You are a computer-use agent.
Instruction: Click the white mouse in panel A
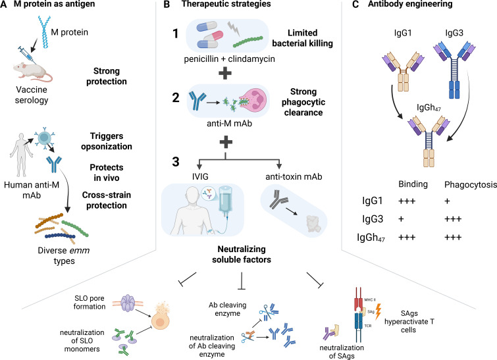click(x=32, y=71)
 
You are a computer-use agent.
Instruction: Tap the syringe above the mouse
click(x=26, y=54)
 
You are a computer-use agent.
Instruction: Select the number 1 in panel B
click(x=175, y=34)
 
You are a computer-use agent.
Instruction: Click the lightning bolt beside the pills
click(x=234, y=28)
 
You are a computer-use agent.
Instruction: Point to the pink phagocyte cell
click(x=253, y=101)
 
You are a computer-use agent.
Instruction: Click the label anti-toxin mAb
click(x=294, y=176)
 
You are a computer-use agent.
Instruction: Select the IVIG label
click(x=200, y=176)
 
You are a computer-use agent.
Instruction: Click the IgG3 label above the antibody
click(x=454, y=33)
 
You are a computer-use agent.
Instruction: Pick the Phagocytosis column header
click(x=471, y=185)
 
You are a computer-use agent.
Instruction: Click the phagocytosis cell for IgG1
click(x=447, y=201)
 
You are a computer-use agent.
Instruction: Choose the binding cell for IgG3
click(x=402, y=219)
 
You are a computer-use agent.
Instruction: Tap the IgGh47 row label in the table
click(x=371, y=238)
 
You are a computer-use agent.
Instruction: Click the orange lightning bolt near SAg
click(x=378, y=311)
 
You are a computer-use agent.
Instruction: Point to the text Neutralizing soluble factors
click(x=242, y=254)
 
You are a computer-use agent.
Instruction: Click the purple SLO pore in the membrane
click(x=128, y=303)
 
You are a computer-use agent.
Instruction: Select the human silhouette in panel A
click(x=21, y=155)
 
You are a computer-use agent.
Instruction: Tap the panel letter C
click(x=355, y=5)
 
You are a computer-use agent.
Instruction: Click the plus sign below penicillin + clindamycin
click(x=225, y=73)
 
